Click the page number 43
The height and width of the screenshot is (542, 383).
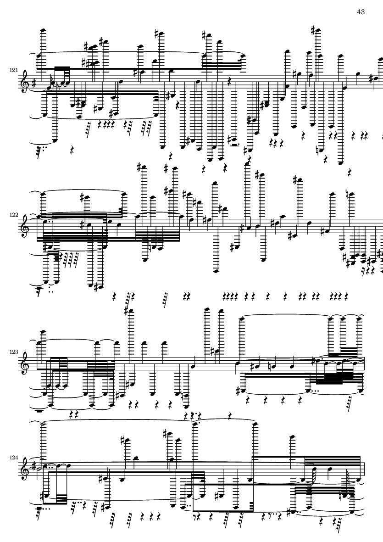(x=360, y=12)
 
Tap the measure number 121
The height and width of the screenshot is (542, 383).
(x=13, y=70)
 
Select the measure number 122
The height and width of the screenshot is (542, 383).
(x=13, y=214)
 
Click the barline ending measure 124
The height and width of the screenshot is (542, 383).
(x=364, y=469)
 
